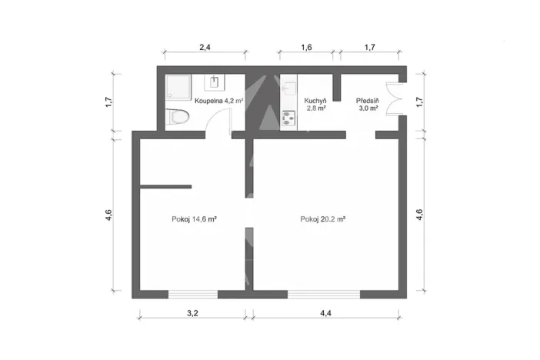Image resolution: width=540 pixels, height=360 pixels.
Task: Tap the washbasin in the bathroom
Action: tap(213, 82)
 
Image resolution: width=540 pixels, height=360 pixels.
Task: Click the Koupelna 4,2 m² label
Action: tap(218, 101)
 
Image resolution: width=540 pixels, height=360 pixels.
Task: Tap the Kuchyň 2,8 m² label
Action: tap(315, 105)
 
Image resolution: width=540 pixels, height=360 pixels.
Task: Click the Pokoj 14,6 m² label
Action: tap(193, 219)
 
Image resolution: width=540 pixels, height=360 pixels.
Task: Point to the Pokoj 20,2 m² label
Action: tap(322, 219)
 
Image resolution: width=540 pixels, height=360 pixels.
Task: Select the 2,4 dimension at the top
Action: tap(205, 48)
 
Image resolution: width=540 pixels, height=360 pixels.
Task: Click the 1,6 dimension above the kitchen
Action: tap(305, 48)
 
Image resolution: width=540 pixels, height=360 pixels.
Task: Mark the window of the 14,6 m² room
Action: tap(192, 294)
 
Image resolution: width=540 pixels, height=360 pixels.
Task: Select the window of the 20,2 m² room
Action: tap(323, 294)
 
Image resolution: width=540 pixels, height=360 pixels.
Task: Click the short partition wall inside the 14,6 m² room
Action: tap(165, 186)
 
